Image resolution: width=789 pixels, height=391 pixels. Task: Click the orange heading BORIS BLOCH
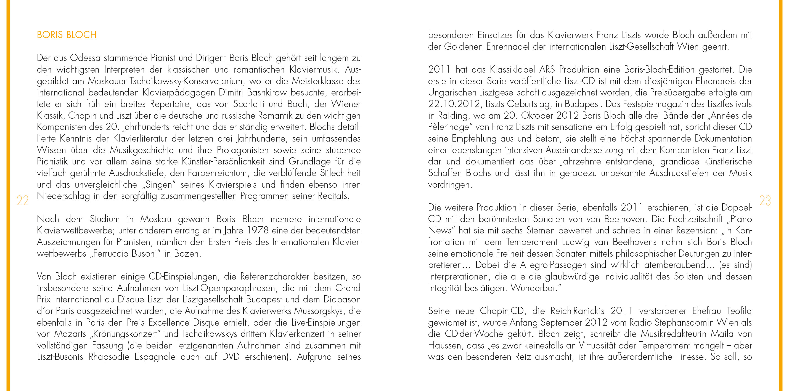(67, 35)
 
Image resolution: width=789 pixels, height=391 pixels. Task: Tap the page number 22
(22, 201)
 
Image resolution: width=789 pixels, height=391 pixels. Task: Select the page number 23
(765, 201)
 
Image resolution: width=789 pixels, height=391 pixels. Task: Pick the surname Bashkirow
(266, 92)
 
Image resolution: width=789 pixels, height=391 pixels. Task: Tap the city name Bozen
(187, 254)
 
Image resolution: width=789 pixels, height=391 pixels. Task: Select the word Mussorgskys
(319, 311)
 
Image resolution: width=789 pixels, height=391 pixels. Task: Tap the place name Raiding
(453, 116)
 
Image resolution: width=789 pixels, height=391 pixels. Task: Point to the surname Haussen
(445, 346)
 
